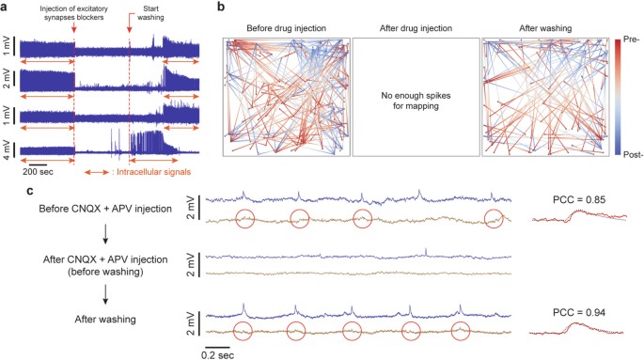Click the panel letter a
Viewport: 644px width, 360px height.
click(7, 8)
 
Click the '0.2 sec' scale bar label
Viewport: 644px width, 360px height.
click(221, 354)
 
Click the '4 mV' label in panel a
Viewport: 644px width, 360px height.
click(9, 151)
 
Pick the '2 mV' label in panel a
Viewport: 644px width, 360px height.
click(9, 83)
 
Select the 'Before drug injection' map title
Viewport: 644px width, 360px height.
click(286, 30)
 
